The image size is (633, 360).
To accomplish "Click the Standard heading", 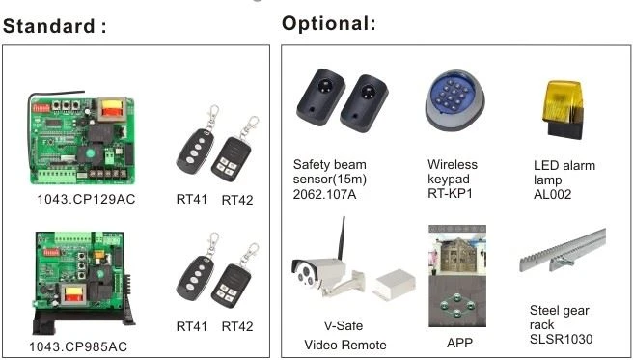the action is (x=55, y=26).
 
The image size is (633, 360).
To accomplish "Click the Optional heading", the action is (x=329, y=23).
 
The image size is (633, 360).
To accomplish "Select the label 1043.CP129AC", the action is (x=87, y=200).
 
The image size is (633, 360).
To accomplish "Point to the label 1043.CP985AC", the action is (x=78, y=346).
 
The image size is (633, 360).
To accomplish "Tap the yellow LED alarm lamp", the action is (x=563, y=109).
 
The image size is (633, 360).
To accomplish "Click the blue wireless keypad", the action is (x=454, y=99).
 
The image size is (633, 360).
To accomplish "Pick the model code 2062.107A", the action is (x=324, y=195).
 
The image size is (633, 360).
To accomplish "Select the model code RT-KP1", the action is (x=450, y=193).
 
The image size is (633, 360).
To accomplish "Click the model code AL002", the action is (x=552, y=195).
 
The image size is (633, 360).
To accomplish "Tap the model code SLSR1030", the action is (x=561, y=339).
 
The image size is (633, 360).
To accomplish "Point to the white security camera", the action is (x=328, y=276).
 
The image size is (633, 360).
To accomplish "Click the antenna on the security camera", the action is (x=342, y=238).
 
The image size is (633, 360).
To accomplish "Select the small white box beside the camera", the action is (x=394, y=285).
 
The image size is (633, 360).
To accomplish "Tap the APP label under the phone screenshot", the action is (x=459, y=343).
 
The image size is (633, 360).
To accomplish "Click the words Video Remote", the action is (x=345, y=346).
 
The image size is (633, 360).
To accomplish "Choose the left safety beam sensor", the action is (x=320, y=96).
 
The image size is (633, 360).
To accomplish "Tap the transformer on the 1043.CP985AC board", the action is (x=72, y=293).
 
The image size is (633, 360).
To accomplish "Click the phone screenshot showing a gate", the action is (x=457, y=276).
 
